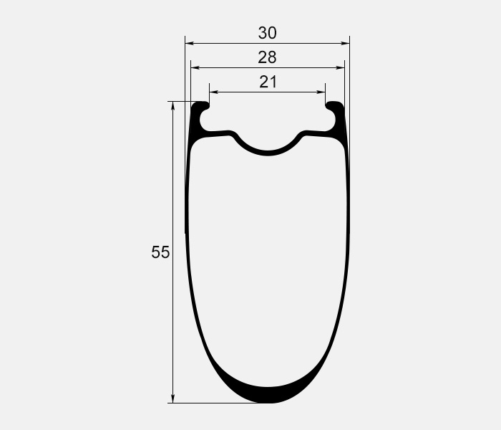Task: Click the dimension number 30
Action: (x=268, y=33)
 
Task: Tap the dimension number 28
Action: (x=268, y=57)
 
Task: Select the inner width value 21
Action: (x=268, y=82)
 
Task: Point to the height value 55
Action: (x=160, y=252)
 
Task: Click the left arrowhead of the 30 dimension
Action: (x=190, y=44)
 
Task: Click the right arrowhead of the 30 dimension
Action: (x=346, y=44)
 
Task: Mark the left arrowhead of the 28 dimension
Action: (x=195, y=68)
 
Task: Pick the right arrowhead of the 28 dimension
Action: (x=341, y=68)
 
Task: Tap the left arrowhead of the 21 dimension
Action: (x=213, y=92)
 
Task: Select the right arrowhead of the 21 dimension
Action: (x=321, y=92)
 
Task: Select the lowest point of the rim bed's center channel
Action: (x=268, y=152)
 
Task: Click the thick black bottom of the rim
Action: (x=268, y=394)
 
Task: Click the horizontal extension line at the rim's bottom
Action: (x=215, y=403)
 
